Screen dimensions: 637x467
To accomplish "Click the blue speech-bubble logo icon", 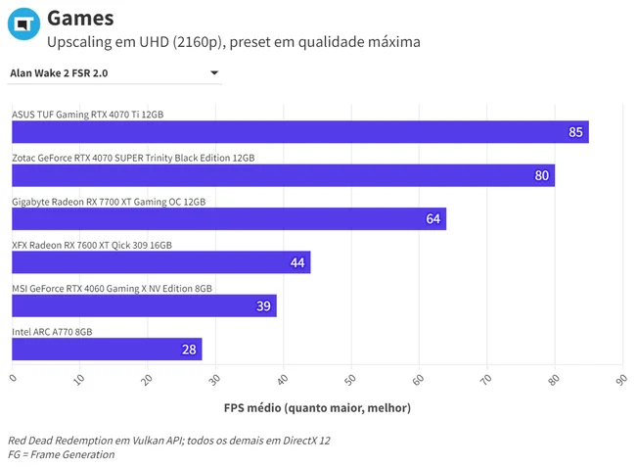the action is point(23,23).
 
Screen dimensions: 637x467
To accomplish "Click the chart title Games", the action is point(80,19).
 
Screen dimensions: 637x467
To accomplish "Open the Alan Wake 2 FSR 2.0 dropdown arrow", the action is point(214,72).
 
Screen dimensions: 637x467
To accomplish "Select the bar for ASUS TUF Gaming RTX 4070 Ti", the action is point(300,132).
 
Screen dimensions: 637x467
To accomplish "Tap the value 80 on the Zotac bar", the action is point(541,175).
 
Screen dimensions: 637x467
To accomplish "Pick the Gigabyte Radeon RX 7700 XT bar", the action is point(229,218).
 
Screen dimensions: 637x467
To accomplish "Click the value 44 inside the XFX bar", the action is point(297,262).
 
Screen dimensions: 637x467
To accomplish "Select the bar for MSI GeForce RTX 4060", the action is point(144,305).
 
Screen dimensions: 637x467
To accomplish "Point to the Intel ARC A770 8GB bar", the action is point(107,350).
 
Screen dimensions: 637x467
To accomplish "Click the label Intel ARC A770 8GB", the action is point(52,332).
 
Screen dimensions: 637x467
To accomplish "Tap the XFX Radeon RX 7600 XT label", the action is point(92,245).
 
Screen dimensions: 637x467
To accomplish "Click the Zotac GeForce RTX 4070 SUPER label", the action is point(133,158).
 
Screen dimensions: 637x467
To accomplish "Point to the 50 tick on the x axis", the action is point(349,380).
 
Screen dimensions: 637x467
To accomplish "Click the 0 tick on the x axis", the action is point(14,378).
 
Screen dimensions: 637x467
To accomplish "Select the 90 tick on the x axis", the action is point(621,380).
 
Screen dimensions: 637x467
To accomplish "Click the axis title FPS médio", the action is point(317,407).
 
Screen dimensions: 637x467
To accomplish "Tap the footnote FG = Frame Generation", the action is point(62,454).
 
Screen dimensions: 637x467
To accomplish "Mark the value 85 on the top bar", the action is point(575,132).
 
